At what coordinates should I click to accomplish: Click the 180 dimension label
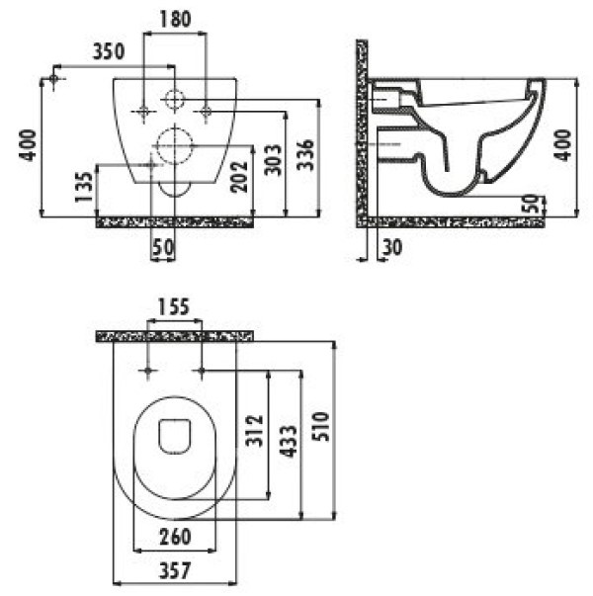click(175, 20)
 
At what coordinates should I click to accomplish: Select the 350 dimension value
click(109, 51)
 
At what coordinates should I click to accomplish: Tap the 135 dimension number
click(84, 187)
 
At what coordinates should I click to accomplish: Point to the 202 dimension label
click(239, 177)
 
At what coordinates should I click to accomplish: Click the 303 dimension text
click(274, 160)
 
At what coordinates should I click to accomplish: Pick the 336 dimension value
click(305, 155)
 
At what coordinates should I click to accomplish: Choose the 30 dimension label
click(392, 247)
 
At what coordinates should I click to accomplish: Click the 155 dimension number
click(174, 307)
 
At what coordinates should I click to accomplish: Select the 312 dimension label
click(254, 431)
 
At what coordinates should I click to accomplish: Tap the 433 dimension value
click(288, 441)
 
